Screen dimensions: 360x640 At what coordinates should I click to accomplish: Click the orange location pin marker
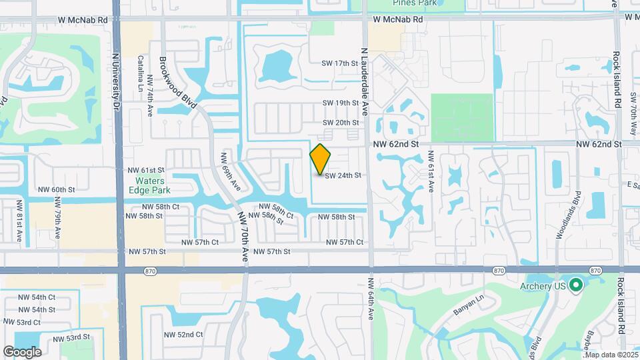(321, 159)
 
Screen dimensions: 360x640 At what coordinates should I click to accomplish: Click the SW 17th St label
(340, 63)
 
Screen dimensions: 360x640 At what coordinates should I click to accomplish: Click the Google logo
(22, 351)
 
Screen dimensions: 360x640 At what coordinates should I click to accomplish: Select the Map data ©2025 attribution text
(611, 355)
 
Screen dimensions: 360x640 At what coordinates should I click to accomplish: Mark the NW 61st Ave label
(431, 173)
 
